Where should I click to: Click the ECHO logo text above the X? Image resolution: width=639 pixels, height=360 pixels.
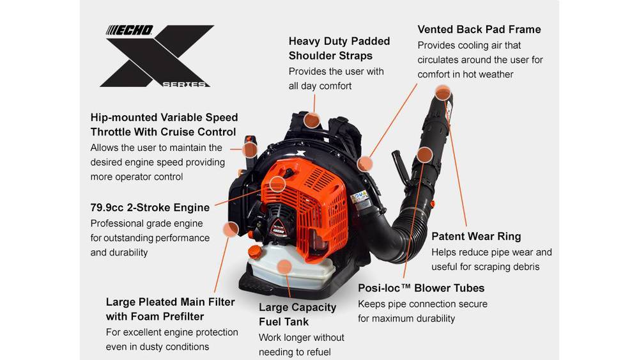tap(129, 31)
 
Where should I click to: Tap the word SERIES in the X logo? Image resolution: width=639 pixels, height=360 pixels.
tap(184, 84)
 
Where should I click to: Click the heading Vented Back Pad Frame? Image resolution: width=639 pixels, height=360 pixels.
tap(479, 29)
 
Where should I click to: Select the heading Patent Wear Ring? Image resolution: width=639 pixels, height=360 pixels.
tap(476, 237)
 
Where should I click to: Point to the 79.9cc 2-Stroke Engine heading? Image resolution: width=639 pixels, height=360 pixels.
tap(150, 208)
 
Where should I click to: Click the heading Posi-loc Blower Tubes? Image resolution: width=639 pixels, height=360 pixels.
tap(421, 288)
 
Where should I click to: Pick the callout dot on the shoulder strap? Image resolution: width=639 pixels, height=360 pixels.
tap(312, 120)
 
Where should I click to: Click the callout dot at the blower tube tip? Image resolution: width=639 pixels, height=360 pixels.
tap(443, 93)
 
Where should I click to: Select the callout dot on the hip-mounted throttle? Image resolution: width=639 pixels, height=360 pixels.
tap(249, 150)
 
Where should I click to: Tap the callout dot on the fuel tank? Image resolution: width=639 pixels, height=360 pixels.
tap(284, 267)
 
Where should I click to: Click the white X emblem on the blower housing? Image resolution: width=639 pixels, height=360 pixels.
tap(300, 153)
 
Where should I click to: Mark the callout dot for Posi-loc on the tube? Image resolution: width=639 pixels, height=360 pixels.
tap(425, 155)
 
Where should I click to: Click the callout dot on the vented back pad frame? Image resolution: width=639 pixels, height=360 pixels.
tap(365, 164)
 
